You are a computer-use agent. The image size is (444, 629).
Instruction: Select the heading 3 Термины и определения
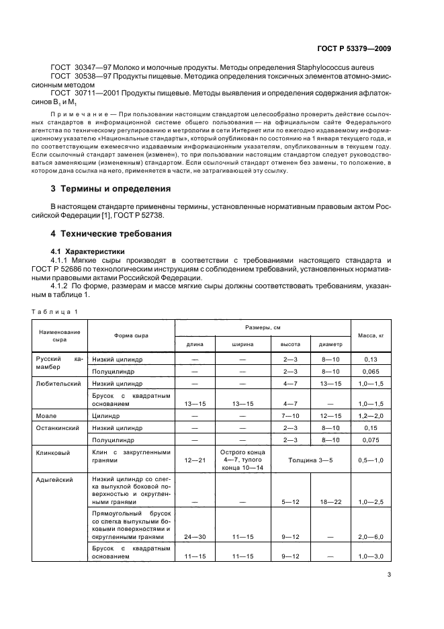[x=112, y=189]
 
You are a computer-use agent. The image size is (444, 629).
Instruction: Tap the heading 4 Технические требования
[x=111, y=234]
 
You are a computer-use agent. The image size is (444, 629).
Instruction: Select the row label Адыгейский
[x=55, y=480]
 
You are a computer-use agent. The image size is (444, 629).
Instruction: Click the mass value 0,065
[x=369, y=371]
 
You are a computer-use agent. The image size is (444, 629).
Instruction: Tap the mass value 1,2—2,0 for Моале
[x=369, y=416]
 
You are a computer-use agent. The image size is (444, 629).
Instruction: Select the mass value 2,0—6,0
[x=369, y=538]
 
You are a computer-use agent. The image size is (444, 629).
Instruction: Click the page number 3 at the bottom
[x=389, y=574]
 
